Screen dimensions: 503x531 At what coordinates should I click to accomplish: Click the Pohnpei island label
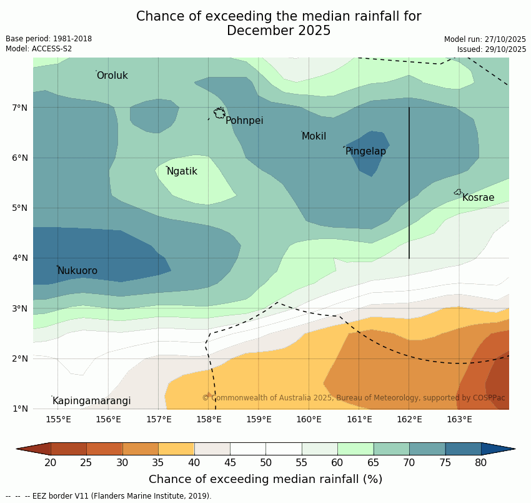(244, 121)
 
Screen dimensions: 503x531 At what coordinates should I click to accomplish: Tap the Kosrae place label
(478, 198)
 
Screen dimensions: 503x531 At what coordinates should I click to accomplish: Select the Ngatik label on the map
(182, 171)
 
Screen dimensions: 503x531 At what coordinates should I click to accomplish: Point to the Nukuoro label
(77, 271)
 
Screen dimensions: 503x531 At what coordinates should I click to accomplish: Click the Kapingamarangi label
(91, 401)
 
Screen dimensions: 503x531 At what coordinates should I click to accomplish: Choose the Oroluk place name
(112, 76)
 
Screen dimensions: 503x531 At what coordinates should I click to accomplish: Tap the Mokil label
(314, 136)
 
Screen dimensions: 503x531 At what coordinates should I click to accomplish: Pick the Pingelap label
(365, 151)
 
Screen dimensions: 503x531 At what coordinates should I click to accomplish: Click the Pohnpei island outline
(219, 113)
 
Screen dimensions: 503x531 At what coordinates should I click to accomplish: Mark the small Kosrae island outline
(458, 192)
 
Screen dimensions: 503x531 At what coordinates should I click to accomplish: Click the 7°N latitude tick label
(20, 108)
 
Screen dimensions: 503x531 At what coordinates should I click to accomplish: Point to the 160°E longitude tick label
(309, 419)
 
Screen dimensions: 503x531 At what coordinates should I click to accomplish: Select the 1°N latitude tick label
(20, 409)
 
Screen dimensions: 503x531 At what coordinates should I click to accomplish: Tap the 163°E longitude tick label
(459, 419)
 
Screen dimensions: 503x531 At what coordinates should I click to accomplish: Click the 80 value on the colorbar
(480, 463)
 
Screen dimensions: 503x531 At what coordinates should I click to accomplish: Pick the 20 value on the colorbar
(51, 463)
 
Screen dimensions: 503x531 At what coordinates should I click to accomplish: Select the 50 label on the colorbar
(265, 463)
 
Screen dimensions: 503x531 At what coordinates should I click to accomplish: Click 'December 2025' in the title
(279, 31)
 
